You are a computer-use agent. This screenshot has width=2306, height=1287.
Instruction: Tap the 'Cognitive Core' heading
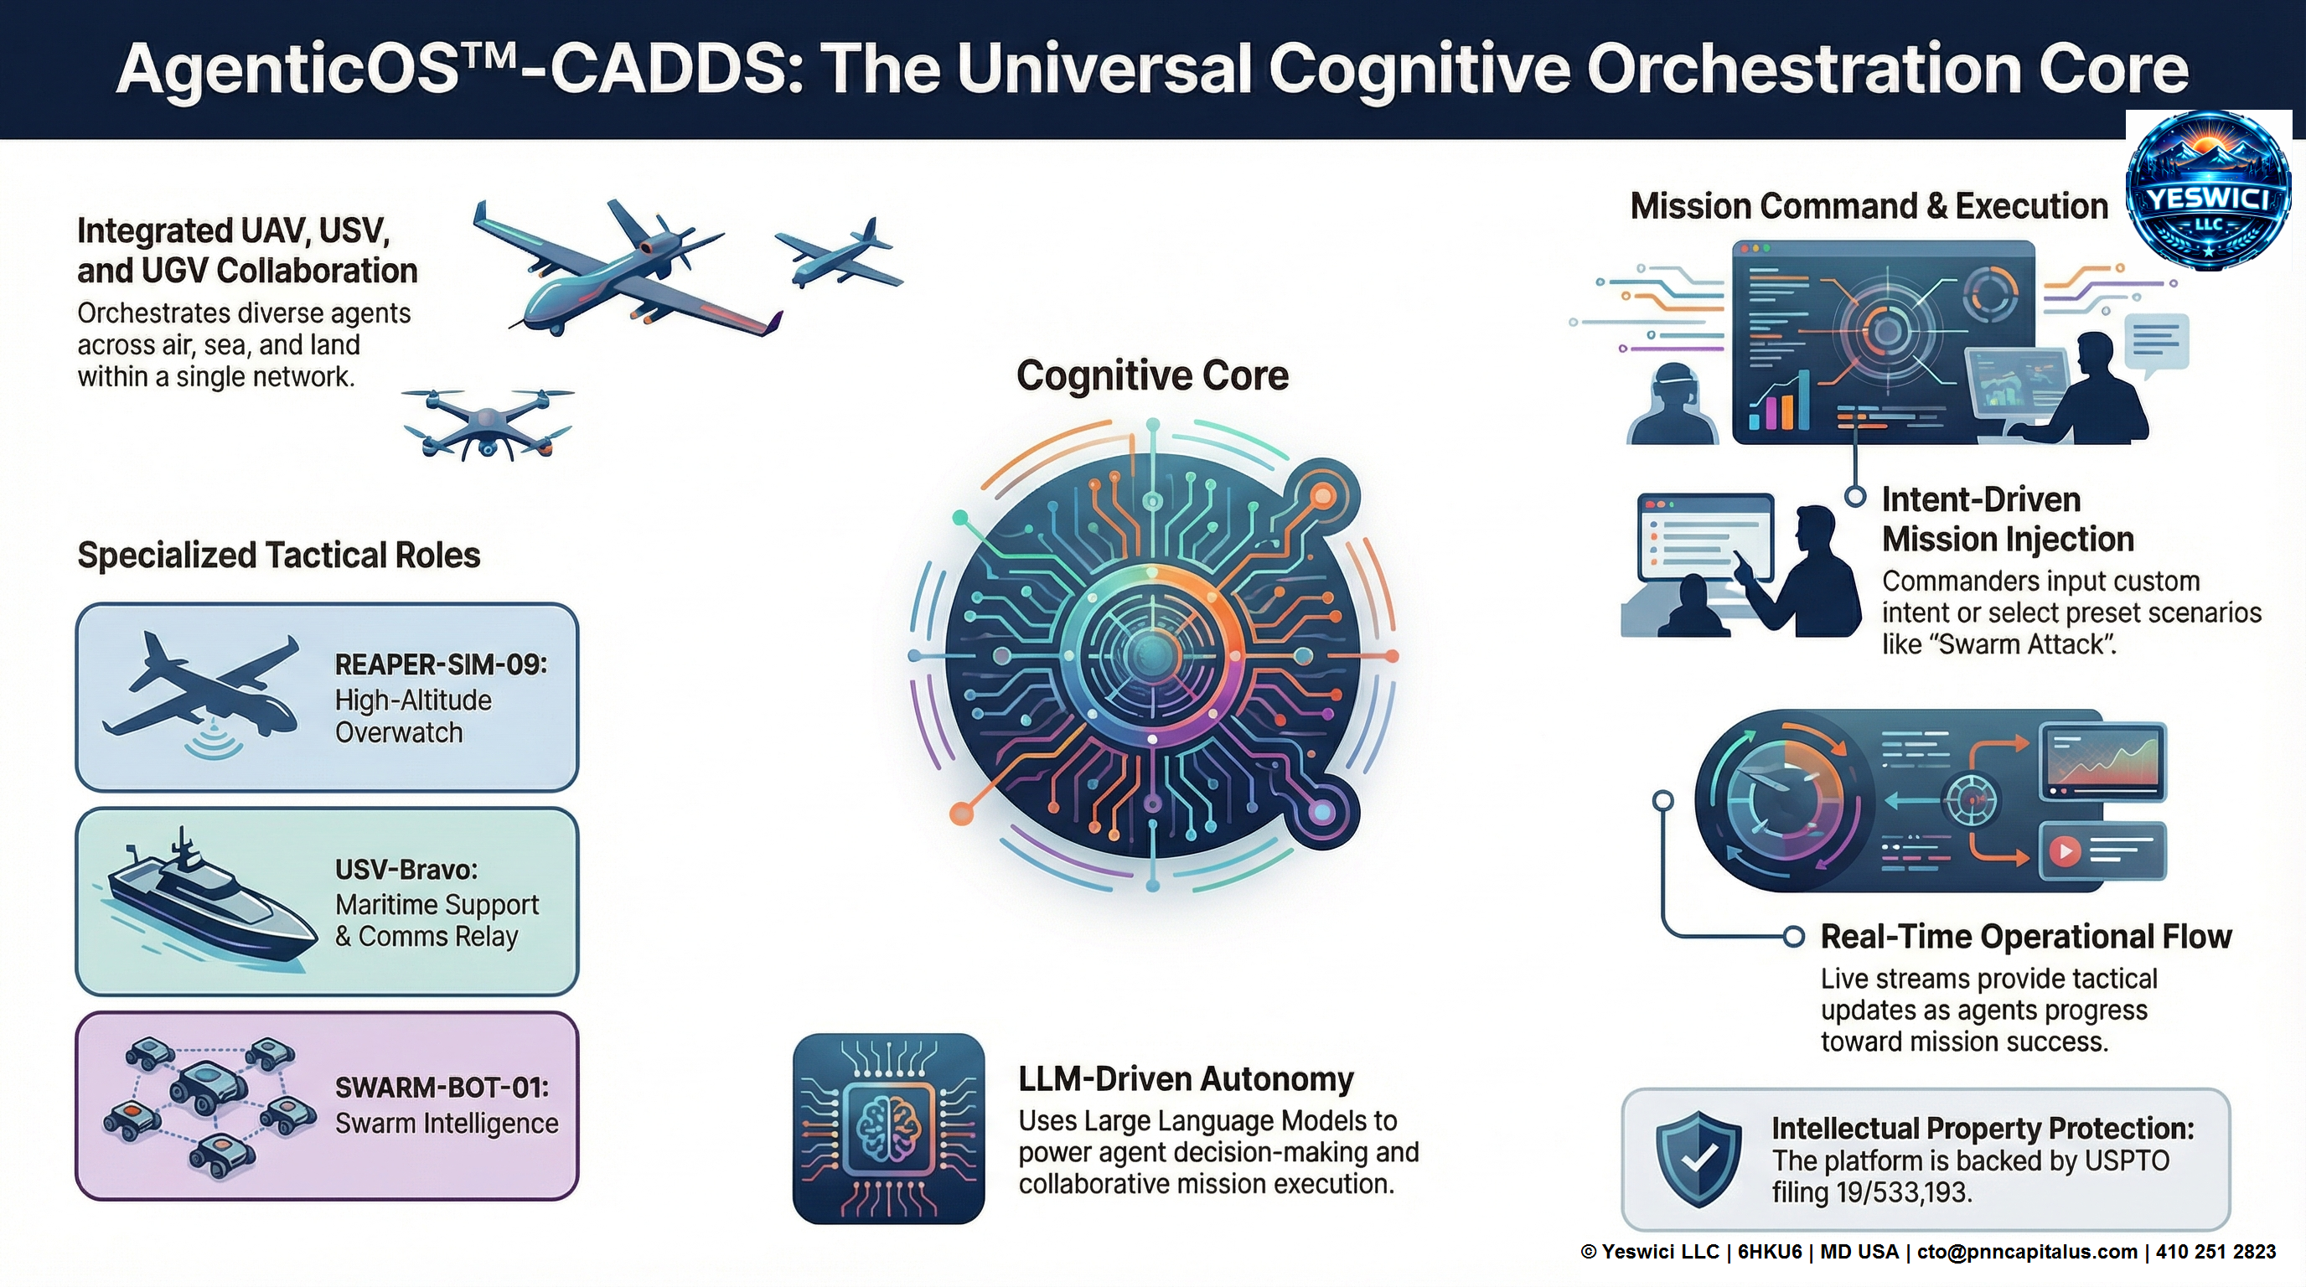point(1152,376)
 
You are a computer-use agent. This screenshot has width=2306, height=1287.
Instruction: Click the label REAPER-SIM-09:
point(440,664)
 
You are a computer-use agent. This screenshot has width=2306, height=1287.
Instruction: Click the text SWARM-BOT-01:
point(442,1088)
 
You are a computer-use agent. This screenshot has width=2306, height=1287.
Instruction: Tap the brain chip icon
point(888,1129)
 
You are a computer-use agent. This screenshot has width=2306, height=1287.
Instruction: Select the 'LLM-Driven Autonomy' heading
point(1185,1079)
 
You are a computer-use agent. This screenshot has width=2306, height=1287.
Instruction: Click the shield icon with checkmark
point(1698,1159)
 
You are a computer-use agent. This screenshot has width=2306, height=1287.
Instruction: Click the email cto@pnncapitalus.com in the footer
point(2027,1252)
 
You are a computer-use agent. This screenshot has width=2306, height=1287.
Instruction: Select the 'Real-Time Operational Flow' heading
point(2026,936)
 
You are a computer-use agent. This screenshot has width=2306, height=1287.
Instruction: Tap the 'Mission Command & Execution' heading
point(1869,206)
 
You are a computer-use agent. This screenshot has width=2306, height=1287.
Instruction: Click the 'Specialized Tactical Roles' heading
point(278,555)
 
